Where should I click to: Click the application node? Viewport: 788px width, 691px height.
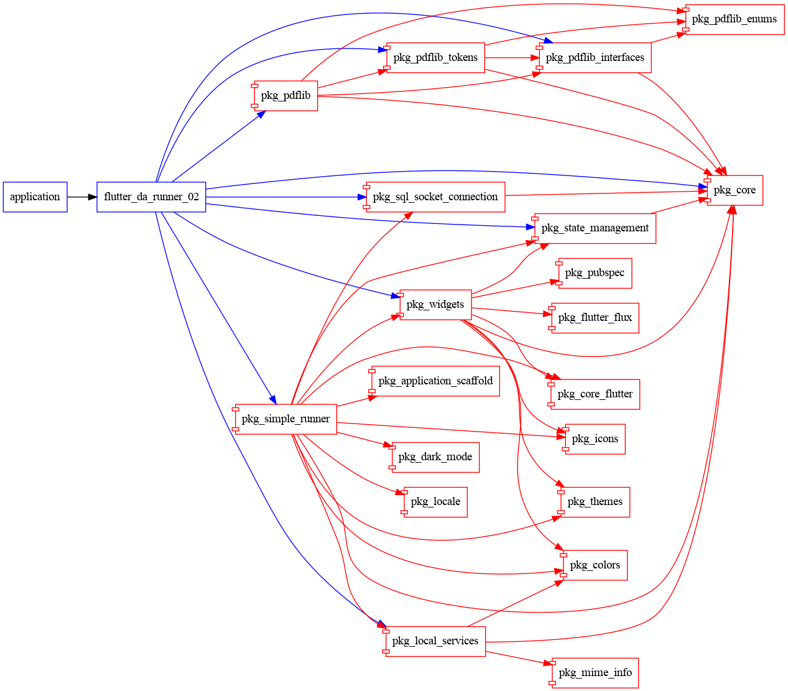pos(35,197)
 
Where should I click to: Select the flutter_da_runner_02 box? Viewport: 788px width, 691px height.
pos(151,197)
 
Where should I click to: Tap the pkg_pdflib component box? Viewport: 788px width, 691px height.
pos(286,96)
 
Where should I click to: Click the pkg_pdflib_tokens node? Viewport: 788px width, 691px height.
pos(435,58)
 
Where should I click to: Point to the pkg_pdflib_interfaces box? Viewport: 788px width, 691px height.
pos(595,58)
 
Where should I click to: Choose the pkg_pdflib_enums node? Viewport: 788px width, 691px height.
pos(734,19)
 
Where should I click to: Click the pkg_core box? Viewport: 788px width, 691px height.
pos(735,190)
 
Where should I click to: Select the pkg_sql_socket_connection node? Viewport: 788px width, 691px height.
pos(435,197)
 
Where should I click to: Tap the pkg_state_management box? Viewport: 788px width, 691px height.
pos(595,228)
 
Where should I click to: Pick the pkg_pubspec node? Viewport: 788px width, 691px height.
pos(595,273)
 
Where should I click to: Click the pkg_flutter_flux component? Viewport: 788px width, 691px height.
pos(595,318)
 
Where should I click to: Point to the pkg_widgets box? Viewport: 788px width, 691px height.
pos(435,305)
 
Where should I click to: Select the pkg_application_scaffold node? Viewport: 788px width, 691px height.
pos(435,381)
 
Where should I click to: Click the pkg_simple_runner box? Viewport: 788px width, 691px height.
pos(286,419)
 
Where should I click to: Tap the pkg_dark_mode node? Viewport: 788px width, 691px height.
pos(435,457)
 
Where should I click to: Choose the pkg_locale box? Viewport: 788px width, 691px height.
pos(435,502)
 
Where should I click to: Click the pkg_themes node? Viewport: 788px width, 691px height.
pos(595,502)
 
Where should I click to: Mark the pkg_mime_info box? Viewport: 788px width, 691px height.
pos(595,672)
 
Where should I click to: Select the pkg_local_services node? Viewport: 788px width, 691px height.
pos(435,641)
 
